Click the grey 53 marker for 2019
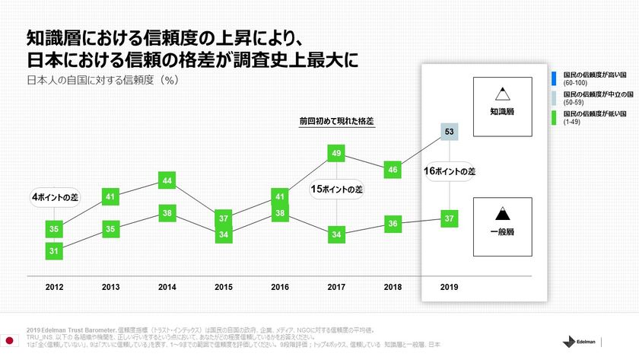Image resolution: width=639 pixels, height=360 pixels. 449,132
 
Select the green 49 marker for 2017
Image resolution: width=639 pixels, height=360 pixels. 336,154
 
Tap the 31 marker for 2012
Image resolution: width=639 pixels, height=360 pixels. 54,250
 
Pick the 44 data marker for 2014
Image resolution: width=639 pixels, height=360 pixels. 167,180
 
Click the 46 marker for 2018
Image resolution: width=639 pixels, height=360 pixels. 393,170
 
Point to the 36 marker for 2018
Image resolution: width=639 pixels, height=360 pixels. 393,224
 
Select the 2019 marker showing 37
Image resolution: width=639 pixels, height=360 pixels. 449,219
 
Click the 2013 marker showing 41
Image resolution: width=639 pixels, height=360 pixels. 111,197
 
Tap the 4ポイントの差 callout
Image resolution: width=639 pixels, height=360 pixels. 56,197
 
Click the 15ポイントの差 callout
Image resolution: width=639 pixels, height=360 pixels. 337,189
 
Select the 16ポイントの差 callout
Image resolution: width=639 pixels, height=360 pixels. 449,172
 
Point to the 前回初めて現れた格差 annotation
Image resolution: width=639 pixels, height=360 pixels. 336,121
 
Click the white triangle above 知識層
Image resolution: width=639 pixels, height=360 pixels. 501,94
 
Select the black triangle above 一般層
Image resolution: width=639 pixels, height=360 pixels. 501,215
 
